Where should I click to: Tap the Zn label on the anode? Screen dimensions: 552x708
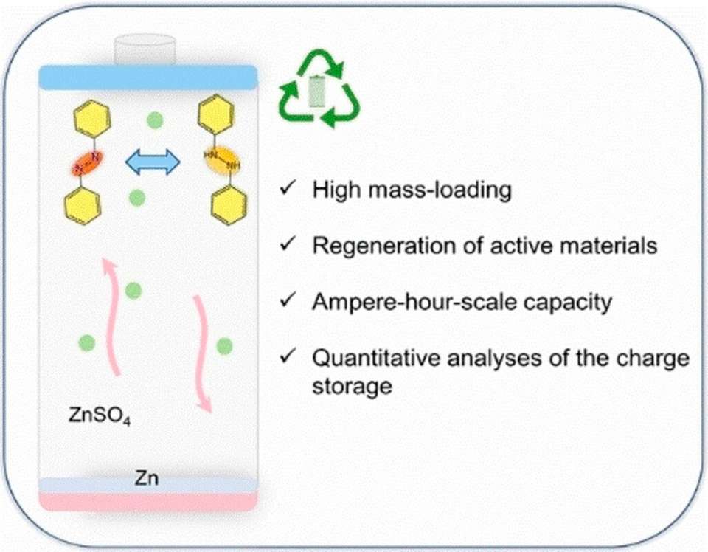pos(147,480)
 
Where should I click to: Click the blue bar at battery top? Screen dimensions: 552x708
pos(147,77)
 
